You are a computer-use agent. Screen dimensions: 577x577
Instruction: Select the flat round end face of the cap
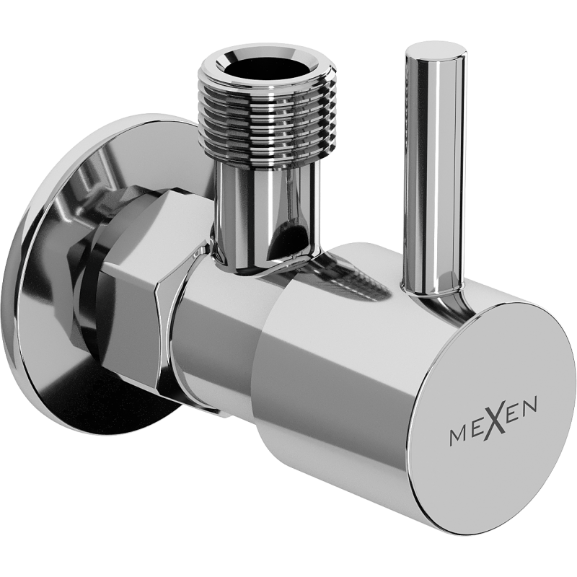click(498, 415)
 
